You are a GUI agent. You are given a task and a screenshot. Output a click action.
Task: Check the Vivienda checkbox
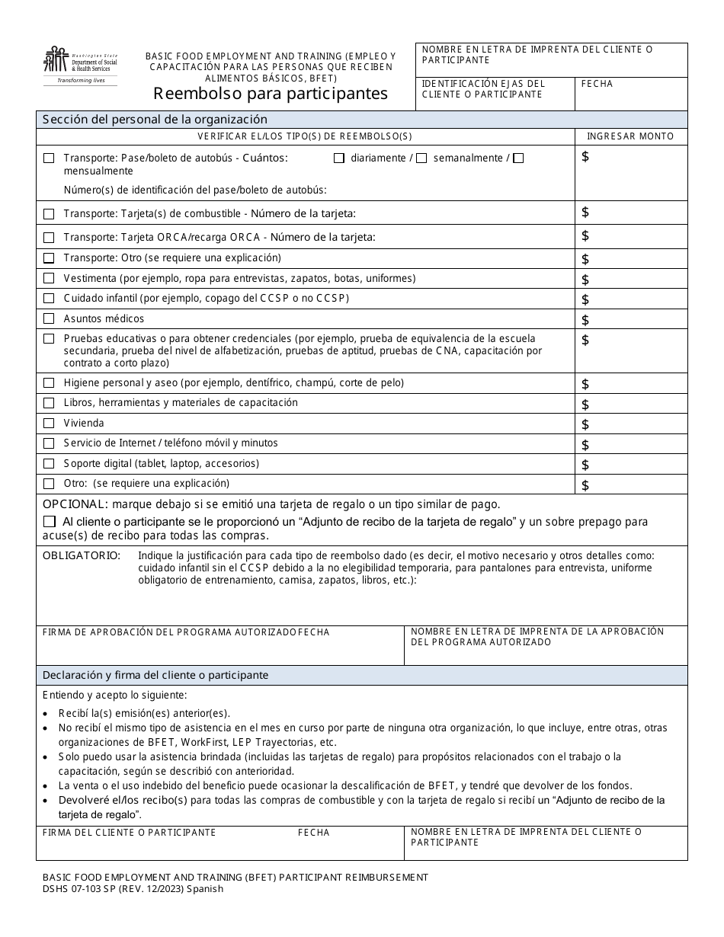pyautogui.click(x=49, y=424)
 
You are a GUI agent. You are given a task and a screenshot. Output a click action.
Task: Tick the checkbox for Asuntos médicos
pyautogui.click(x=49, y=318)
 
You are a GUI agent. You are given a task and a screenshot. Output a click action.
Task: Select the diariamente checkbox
pyautogui.click(x=339, y=158)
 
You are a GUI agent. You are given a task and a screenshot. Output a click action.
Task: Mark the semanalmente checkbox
pyautogui.click(x=421, y=158)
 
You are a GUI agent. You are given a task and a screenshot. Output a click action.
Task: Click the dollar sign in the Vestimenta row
pyautogui.click(x=585, y=280)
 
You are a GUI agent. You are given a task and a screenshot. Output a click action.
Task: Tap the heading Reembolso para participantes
pyautogui.click(x=271, y=94)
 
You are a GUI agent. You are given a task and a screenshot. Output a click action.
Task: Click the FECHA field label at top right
pyautogui.click(x=597, y=84)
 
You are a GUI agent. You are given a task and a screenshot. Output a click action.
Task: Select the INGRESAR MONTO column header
pyautogui.click(x=630, y=136)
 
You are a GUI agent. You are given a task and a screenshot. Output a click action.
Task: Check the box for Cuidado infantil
pyautogui.click(x=49, y=299)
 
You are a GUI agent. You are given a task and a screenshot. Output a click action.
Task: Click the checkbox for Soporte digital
pyautogui.click(x=49, y=463)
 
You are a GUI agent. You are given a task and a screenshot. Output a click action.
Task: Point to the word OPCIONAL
pyautogui.click(x=73, y=504)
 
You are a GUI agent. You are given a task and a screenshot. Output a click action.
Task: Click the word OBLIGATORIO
pyautogui.click(x=81, y=555)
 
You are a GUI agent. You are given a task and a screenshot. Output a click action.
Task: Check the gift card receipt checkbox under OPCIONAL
pyautogui.click(x=50, y=523)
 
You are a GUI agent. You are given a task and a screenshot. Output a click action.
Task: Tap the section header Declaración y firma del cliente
pyautogui.click(x=155, y=675)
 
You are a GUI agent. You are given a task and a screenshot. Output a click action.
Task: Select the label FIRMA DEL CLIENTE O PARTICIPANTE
pyautogui.click(x=130, y=833)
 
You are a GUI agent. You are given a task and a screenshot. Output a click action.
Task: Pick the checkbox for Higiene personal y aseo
pyautogui.click(x=49, y=382)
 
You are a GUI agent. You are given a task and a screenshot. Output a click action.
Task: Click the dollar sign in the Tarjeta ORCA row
pyautogui.click(x=585, y=236)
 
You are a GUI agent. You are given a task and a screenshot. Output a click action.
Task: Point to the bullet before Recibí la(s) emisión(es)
pyautogui.click(x=48, y=714)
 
